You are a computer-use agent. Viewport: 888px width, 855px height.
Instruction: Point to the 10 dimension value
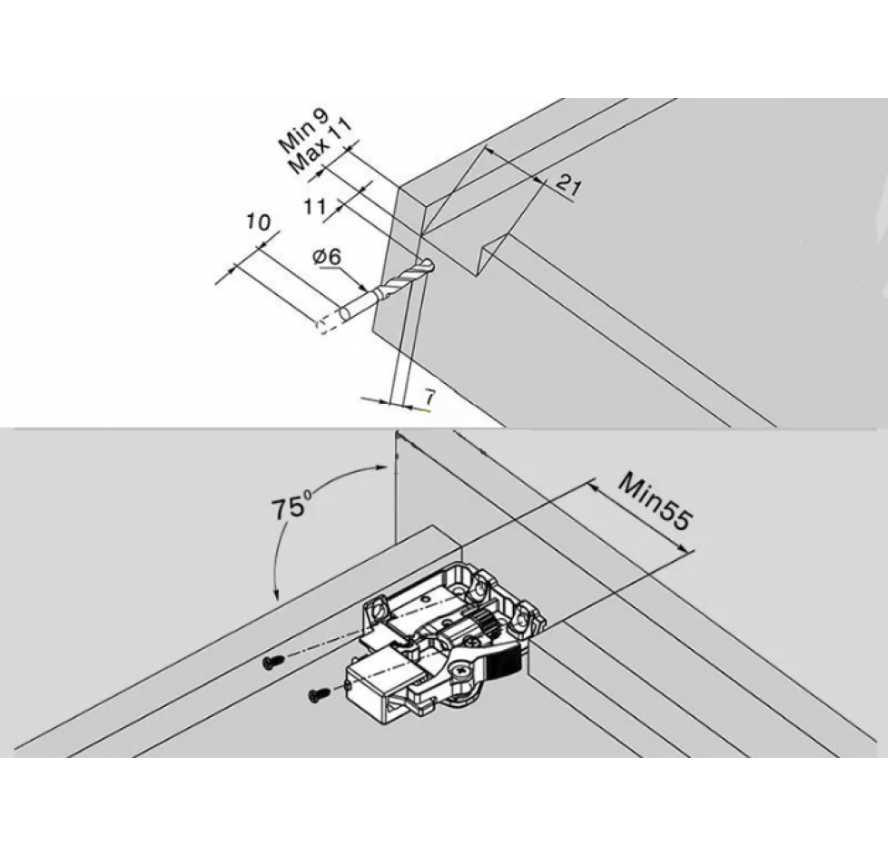point(259,222)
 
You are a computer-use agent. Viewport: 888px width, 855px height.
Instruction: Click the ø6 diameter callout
point(327,258)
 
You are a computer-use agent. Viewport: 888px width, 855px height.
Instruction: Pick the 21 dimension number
point(567,185)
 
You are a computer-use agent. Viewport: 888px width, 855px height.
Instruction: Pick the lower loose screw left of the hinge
point(319,693)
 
